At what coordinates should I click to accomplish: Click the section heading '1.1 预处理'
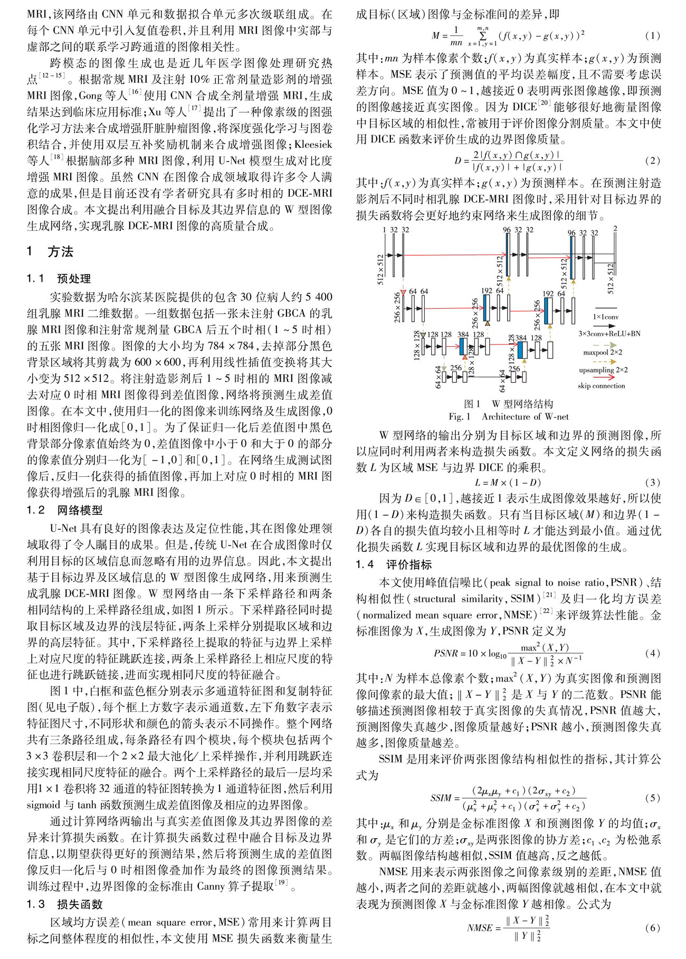click(x=59, y=279)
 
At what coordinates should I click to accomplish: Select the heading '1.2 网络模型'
click(x=65, y=510)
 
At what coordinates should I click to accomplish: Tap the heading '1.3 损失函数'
click(x=65, y=904)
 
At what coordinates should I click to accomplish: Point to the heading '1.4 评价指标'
click(x=394, y=565)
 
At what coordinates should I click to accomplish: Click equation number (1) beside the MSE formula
click(x=652, y=36)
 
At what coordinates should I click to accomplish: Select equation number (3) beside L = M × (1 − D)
click(x=652, y=482)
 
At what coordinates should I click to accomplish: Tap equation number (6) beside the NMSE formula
click(x=652, y=927)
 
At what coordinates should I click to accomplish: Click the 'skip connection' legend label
click(x=601, y=386)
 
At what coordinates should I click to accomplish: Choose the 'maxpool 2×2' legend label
click(x=602, y=352)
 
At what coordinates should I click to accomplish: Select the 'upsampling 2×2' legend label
click(x=603, y=370)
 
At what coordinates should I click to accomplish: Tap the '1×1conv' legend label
click(x=605, y=317)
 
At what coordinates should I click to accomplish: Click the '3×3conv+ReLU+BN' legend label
click(x=609, y=333)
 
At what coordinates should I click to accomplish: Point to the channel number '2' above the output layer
click(x=615, y=228)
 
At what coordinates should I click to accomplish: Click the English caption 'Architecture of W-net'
click(x=525, y=416)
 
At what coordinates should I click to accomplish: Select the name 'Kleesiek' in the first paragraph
click(x=313, y=144)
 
